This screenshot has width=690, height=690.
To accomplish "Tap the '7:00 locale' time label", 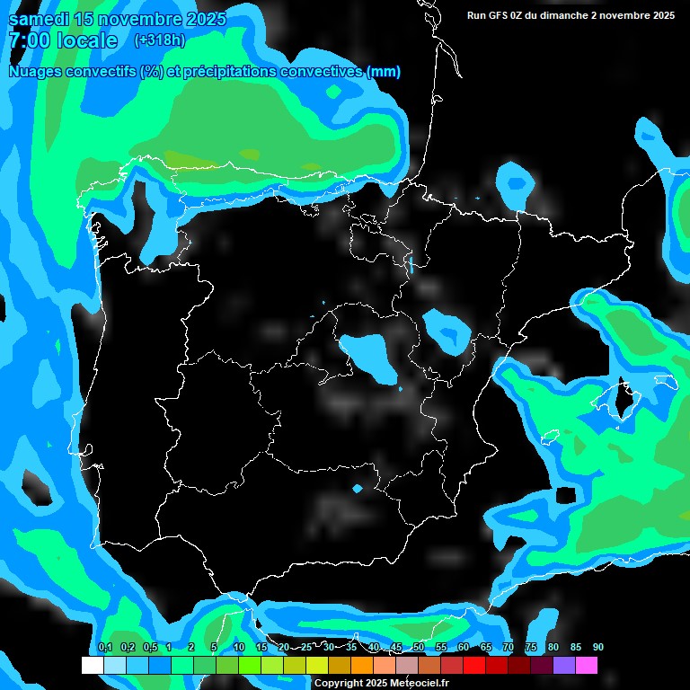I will [x=63, y=40].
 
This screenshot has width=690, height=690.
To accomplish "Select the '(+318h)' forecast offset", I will [x=160, y=40].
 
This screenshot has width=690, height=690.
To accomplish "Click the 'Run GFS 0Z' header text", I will [x=498, y=15].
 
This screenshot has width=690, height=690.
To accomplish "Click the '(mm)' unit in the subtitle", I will [x=384, y=72].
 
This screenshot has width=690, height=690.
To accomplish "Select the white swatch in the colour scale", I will [x=92, y=665].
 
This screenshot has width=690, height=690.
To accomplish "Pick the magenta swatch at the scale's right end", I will [x=587, y=665].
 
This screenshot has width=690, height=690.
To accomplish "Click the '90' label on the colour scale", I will [x=598, y=647].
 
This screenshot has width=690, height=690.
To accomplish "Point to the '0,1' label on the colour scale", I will [x=105, y=647].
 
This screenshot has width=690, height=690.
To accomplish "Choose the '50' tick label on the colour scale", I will [x=419, y=647].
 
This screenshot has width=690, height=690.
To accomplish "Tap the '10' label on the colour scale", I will [x=239, y=647].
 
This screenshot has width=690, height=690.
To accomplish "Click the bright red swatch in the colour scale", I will [x=474, y=665].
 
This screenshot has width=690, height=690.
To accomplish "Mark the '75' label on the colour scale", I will [x=531, y=647].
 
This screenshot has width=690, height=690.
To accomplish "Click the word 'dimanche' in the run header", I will [x=562, y=15].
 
